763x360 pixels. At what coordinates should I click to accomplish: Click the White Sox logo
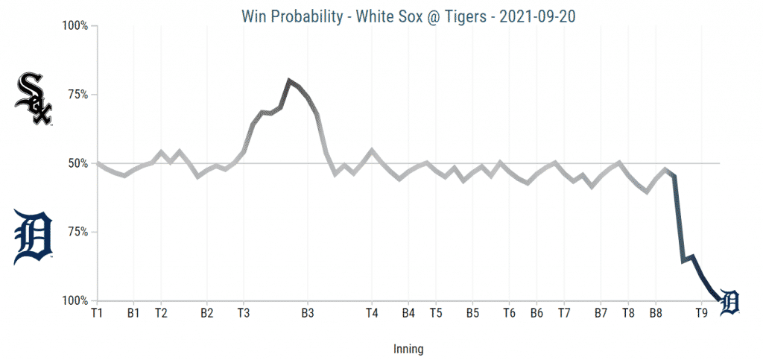34,98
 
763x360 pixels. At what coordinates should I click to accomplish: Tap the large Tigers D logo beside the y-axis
33,238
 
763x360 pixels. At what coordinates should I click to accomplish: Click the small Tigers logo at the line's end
729,302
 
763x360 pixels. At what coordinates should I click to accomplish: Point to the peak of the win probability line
289,80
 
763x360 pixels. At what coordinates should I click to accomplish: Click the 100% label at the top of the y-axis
75,26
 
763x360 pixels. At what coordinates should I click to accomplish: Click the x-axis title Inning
408,348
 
